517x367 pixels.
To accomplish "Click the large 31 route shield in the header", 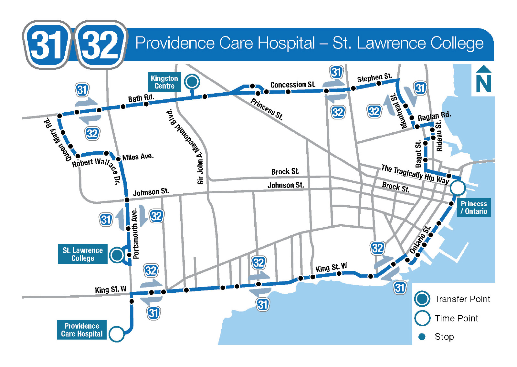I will point(47,45).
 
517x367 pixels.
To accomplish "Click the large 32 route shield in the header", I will point(100,45).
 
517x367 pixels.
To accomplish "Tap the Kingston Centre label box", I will point(164,82).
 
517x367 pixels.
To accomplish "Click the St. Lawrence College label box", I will point(83,254).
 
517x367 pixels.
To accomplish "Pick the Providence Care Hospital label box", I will point(82,330).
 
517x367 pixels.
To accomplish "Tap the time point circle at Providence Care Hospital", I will point(116,334).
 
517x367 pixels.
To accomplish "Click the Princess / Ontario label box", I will point(474,208).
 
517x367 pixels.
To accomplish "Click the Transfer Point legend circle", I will point(422,299).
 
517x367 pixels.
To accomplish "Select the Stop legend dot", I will point(422,337).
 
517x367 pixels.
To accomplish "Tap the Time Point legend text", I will point(456,318).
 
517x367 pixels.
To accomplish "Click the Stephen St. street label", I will point(374,78).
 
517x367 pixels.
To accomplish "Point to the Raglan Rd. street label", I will point(434,117).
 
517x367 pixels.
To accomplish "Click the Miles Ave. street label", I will point(138,157).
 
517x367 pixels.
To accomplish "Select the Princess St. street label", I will point(267,109).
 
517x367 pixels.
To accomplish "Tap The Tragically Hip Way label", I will point(415,174).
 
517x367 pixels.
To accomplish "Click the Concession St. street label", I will point(293,85).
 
